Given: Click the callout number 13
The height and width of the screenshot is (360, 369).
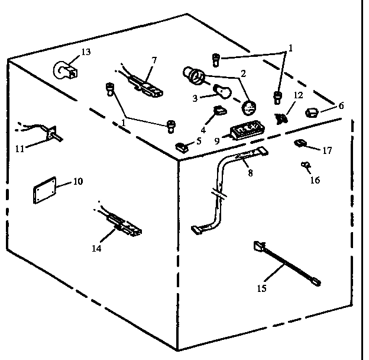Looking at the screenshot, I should click(86, 52).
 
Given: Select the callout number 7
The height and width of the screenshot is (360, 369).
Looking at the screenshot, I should click(154, 60).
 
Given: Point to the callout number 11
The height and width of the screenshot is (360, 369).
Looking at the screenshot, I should click(20, 149).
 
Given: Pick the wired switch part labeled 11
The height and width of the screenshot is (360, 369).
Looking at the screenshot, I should click(53, 134).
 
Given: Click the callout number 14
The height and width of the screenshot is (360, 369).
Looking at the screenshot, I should click(96, 248).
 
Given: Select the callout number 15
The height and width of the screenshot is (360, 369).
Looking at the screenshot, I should click(262, 288).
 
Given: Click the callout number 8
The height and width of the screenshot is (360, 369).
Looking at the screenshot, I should click(250, 174).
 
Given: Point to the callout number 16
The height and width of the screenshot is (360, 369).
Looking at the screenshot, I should click(315, 180).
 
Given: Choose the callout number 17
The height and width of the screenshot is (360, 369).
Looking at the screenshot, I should click(327, 150).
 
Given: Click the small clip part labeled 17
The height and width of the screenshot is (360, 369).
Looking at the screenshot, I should click(300, 142).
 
